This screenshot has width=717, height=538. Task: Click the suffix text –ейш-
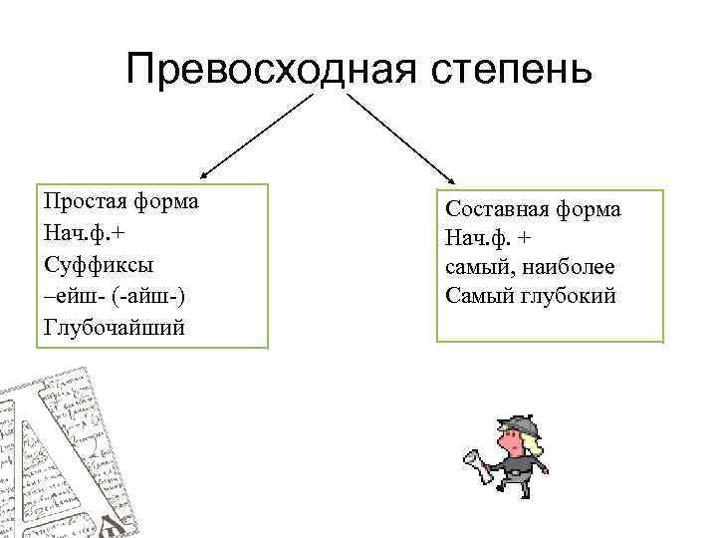[72, 296]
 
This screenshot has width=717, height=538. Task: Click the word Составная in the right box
[494, 209]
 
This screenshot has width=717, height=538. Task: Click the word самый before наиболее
[477, 267]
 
